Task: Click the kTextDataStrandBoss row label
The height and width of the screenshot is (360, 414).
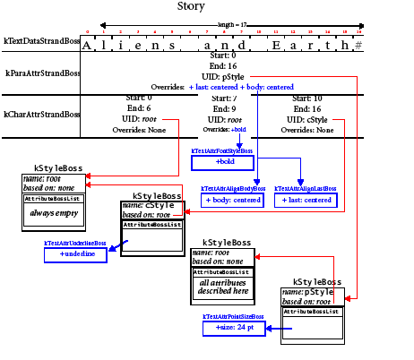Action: [x=41, y=43]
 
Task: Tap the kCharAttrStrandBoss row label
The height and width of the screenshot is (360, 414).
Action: [x=41, y=115]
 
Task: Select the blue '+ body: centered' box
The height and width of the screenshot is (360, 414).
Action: [x=233, y=200]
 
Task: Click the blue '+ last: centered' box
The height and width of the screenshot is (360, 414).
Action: [x=306, y=200]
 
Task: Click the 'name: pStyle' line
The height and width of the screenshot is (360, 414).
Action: [x=307, y=292]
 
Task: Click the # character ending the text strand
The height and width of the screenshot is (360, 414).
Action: [x=358, y=44]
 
